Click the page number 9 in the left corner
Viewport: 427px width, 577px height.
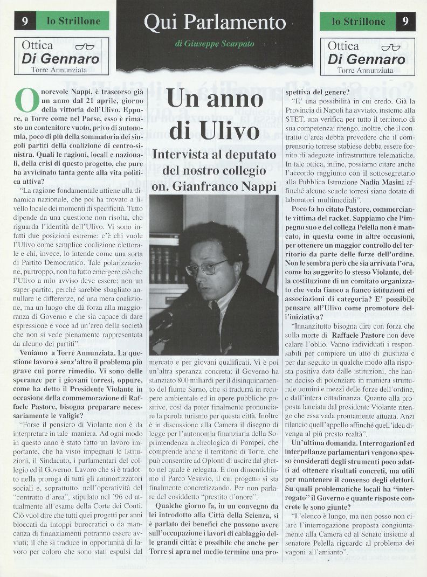pos(25,22)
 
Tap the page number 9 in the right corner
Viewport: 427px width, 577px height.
pos(405,22)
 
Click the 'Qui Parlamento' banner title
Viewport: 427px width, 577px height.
pos(215,22)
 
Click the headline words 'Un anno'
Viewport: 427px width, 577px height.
pos(215,99)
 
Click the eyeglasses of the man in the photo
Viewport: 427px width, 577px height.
pos(206,267)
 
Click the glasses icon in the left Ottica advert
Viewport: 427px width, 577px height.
pos(85,47)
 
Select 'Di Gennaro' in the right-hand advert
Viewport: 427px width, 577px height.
pos(367,59)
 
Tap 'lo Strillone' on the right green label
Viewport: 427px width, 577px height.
pos(358,22)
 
